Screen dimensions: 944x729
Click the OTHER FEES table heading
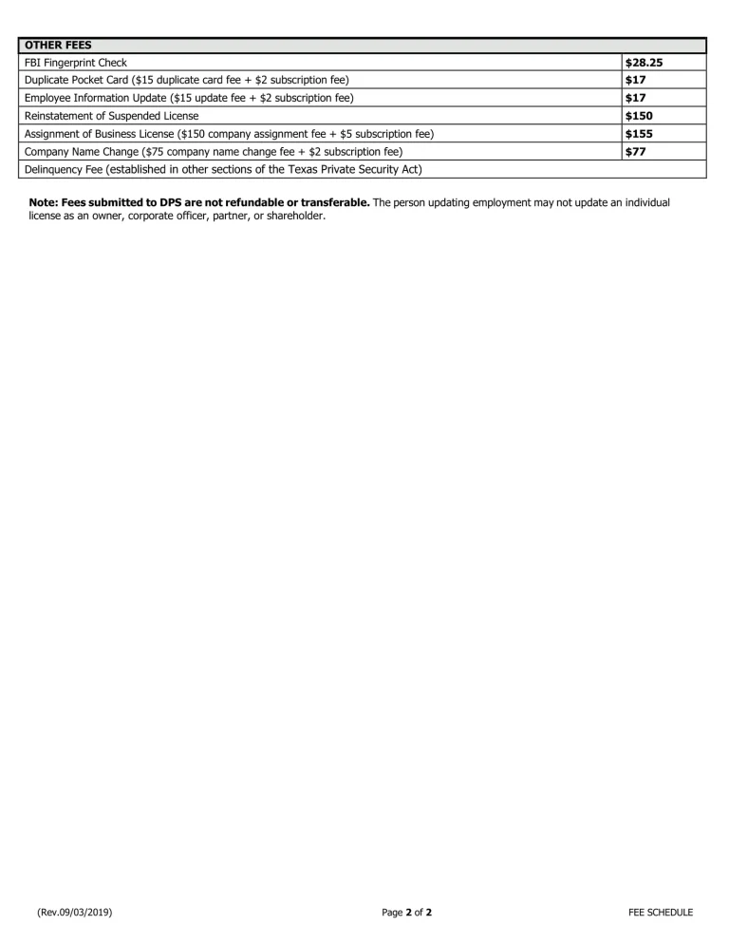coord(57,45)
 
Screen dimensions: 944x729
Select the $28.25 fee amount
coord(644,63)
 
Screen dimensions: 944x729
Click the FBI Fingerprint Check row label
coord(75,63)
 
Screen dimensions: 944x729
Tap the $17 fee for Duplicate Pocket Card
coord(636,80)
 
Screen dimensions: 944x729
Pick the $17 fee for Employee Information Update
coord(636,98)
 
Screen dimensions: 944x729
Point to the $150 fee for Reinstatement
coord(640,116)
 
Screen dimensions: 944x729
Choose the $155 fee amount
coord(640,134)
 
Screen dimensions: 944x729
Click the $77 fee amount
coord(636,151)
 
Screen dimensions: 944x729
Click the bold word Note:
coord(44,203)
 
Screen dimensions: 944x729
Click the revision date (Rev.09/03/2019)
coord(76,913)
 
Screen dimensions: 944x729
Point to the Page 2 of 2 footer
coord(407,913)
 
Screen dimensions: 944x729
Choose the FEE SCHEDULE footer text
coord(661,913)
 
